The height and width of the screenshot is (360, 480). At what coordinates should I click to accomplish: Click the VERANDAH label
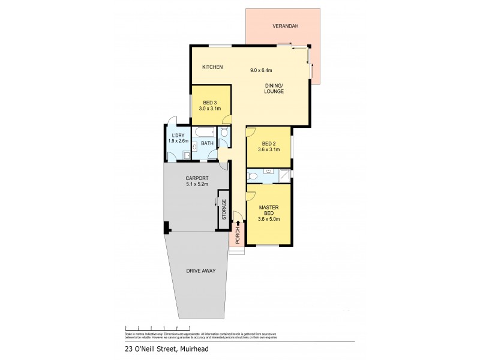tap(286, 26)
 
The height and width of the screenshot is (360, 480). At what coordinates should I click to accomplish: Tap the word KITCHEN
tap(212, 67)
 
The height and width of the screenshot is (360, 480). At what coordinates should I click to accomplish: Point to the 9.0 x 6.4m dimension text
tap(262, 70)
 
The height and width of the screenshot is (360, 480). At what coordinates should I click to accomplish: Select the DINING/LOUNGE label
tap(274, 88)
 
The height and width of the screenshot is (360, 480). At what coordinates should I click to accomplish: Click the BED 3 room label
tap(210, 102)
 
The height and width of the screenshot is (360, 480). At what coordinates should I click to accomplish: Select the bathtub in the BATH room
tap(205, 131)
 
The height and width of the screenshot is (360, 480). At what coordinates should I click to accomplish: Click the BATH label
tap(207, 143)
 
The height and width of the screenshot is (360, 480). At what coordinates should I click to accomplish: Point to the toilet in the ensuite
tap(253, 176)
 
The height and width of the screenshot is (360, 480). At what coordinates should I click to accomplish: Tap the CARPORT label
tap(197, 178)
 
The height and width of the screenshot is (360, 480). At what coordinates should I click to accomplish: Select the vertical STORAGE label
tap(224, 209)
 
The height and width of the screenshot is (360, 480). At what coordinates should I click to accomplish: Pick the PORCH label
tap(238, 236)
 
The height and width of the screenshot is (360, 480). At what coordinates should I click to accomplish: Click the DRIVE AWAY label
tap(200, 271)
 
